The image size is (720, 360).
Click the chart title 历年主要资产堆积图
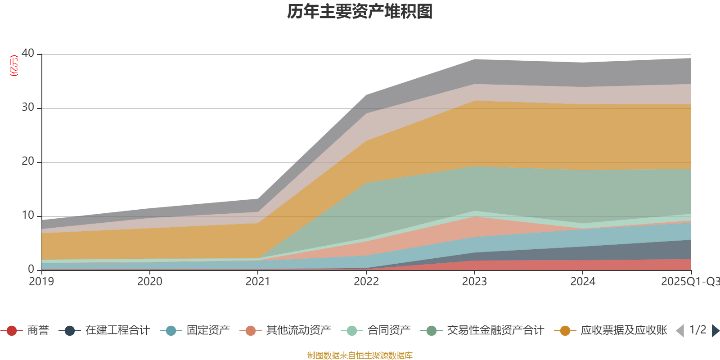click(x=360, y=12)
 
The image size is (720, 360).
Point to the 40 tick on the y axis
click(x=28, y=54)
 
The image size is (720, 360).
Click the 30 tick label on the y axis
click(x=28, y=108)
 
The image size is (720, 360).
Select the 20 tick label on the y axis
click(x=28, y=162)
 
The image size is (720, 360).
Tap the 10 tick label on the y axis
click(x=28, y=216)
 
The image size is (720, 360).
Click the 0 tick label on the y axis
click(x=31, y=269)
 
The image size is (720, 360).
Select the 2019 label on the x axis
click(x=41, y=282)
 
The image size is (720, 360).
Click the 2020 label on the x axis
click(x=150, y=282)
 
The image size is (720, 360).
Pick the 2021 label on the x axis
click(x=258, y=282)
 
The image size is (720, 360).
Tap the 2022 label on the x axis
click(x=366, y=282)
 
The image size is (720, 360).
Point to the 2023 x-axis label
click(x=474, y=282)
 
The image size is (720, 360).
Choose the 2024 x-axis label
click(x=583, y=282)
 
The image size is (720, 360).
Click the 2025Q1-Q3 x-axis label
click(x=689, y=282)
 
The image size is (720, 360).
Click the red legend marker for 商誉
click(x=12, y=331)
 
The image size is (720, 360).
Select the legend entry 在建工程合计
click(x=117, y=331)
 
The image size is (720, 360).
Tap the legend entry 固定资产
click(x=208, y=331)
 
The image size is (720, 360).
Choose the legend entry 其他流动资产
click(x=298, y=331)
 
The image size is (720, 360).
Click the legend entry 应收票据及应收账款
click(x=623, y=331)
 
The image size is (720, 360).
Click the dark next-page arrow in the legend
click(x=715, y=331)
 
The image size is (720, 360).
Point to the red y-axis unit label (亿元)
click(x=14, y=66)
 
